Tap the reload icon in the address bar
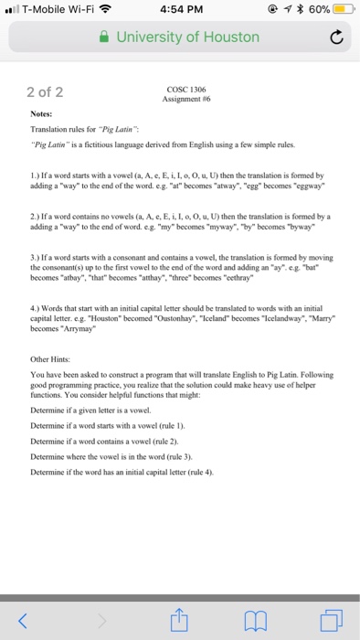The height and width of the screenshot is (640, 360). click(337, 37)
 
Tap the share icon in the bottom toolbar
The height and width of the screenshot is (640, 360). click(180, 622)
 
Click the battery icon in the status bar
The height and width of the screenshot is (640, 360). click(343, 10)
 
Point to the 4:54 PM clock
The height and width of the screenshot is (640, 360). click(180, 10)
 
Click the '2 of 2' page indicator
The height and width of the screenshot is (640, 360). click(45, 91)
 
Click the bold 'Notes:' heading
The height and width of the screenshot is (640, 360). click(42, 114)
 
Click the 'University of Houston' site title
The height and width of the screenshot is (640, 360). click(187, 37)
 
